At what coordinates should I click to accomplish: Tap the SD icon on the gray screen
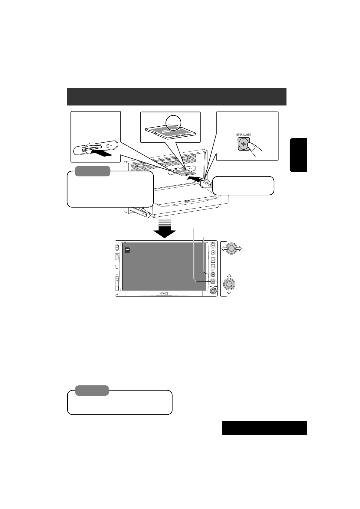click(x=127, y=250)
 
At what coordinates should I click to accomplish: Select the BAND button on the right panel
click(x=213, y=274)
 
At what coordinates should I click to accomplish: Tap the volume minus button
click(x=117, y=288)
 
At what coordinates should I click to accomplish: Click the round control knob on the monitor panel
click(x=213, y=291)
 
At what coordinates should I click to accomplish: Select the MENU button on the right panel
click(x=213, y=260)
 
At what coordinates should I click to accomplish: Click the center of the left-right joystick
click(x=231, y=248)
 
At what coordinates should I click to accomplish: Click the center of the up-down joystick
click(x=229, y=284)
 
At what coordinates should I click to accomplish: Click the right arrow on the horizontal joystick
click(x=239, y=248)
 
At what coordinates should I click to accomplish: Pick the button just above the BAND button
click(x=213, y=267)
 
